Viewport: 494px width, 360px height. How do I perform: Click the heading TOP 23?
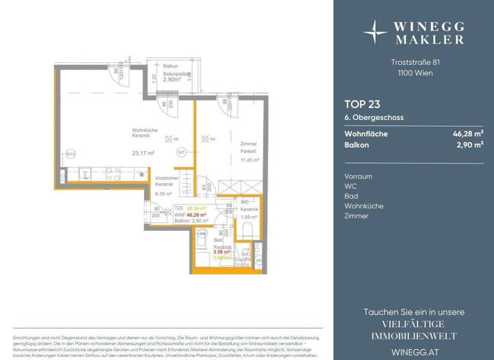pos(361,104)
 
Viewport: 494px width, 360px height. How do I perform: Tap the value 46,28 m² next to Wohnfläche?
pos(468,134)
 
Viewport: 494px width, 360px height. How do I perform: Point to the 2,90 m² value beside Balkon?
pos(470,145)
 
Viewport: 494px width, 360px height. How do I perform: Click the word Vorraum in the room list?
pos(358,176)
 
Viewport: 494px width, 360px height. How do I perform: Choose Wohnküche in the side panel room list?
pos(363,206)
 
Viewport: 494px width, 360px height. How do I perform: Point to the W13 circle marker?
pos(71,153)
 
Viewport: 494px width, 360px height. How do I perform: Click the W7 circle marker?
pos(181,152)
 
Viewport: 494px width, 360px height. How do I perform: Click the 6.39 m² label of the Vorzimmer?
pos(163,194)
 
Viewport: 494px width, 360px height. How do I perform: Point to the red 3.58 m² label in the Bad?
pos(221,252)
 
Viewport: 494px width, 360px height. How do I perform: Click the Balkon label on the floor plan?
pos(170,67)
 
